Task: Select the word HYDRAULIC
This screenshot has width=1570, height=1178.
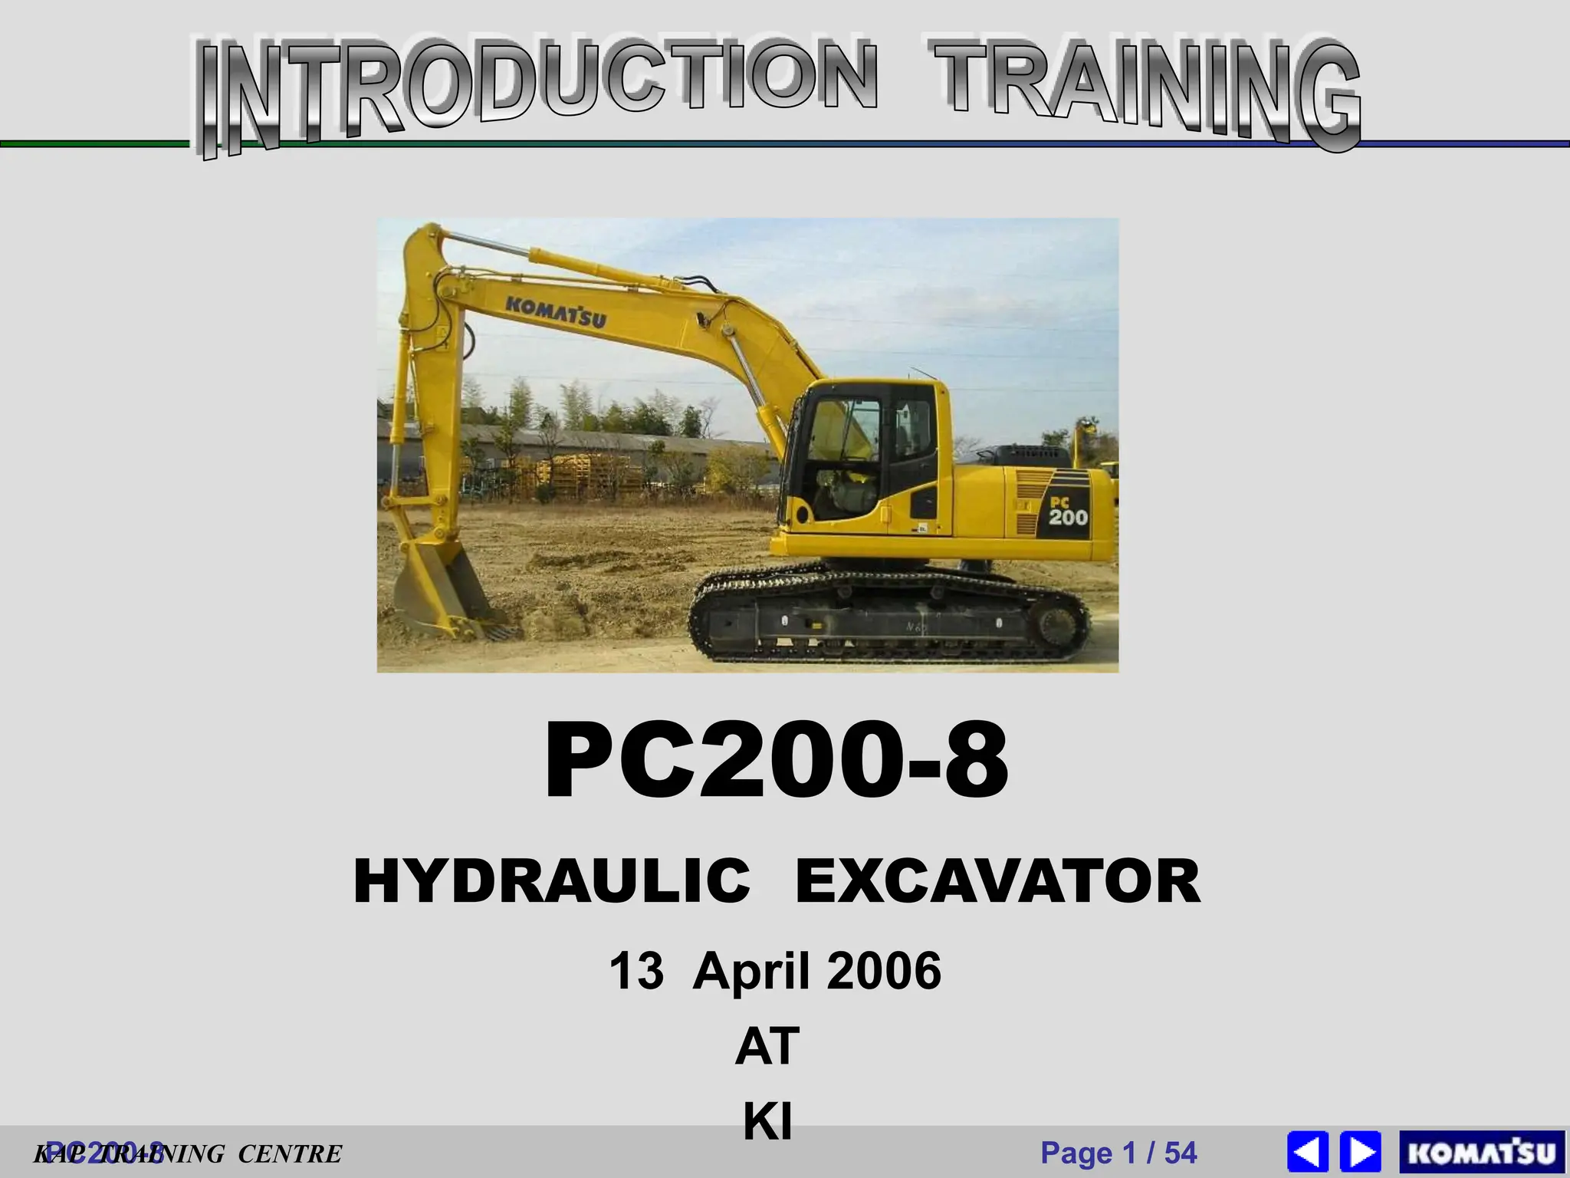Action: pyautogui.click(x=552, y=882)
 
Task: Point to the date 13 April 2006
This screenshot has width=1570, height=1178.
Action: pyautogui.click(x=774, y=971)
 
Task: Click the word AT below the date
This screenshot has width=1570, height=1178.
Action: pyautogui.click(x=767, y=1047)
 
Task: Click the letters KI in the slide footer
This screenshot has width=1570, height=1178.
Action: pyautogui.click(x=767, y=1122)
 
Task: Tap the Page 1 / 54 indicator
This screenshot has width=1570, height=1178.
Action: pyautogui.click(x=1118, y=1153)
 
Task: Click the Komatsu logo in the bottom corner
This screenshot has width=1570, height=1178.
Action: pyautogui.click(x=1482, y=1153)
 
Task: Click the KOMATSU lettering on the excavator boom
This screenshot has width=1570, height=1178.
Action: pyautogui.click(x=555, y=309)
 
